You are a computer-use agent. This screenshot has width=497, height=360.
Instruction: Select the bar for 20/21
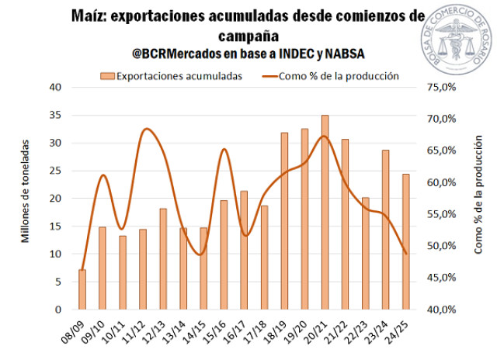coord(324,213)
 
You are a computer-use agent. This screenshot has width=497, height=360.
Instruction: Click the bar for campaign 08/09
coord(82,289)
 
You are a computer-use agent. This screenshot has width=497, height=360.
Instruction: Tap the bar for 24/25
coord(405,241)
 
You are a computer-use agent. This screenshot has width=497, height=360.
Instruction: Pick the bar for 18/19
coord(284,221)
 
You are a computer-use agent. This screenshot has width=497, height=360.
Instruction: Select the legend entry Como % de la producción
coord(330,76)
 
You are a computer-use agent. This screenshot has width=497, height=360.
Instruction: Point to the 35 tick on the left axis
coord(55,115)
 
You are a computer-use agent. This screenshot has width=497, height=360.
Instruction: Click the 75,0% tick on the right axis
coord(441,87)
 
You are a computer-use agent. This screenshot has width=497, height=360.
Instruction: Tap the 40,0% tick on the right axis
coord(441,310)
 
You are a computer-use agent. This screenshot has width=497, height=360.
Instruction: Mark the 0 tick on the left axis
coord(58,310)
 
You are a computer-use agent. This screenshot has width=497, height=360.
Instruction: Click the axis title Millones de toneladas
coord(26,191)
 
